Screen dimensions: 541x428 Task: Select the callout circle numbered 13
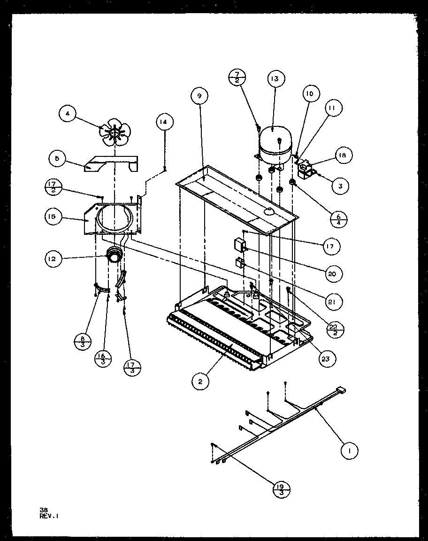pyautogui.click(x=275, y=79)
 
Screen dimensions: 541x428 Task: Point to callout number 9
pyautogui.click(x=199, y=96)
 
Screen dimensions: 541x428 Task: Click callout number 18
pyautogui.click(x=344, y=155)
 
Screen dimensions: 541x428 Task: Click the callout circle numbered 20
pyautogui.click(x=335, y=273)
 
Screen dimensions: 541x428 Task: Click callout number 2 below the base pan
pyautogui.click(x=200, y=382)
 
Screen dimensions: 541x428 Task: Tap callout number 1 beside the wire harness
pyautogui.click(x=348, y=450)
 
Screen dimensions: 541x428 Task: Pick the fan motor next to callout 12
pyautogui.click(x=115, y=255)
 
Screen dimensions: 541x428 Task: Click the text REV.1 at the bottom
pyautogui.click(x=50, y=515)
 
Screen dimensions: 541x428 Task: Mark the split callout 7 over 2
pyautogui.click(x=237, y=77)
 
